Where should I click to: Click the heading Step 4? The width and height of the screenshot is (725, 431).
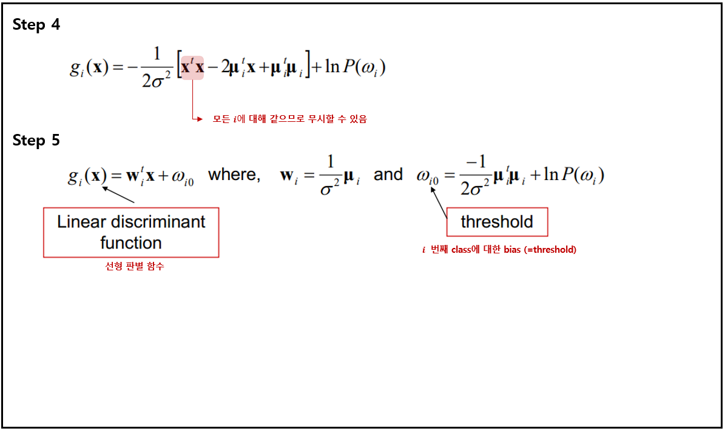click(x=36, y=25)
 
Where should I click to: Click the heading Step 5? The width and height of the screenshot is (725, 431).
click(x=36, y=141)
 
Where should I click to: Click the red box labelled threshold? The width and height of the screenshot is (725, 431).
click(x=497, y=222)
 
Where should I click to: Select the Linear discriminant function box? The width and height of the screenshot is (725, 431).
click(x=131, y=232)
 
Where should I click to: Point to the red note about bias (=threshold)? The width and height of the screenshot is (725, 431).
click(x=499, y=249)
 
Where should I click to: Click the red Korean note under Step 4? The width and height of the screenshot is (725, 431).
click(x=289, y=119)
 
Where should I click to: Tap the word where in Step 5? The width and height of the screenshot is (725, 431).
click(x=234, y=175)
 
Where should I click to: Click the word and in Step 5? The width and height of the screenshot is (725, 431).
click(x=388, y=175)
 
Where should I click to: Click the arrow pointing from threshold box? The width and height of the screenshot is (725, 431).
click(x=440, y=200)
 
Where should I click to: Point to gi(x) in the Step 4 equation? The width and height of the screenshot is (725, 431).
click(x=89, y=67)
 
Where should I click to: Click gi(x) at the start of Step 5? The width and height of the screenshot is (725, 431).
click(x=87, y=176)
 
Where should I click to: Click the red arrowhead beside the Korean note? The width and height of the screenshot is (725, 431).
click(x=198, y=119)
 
